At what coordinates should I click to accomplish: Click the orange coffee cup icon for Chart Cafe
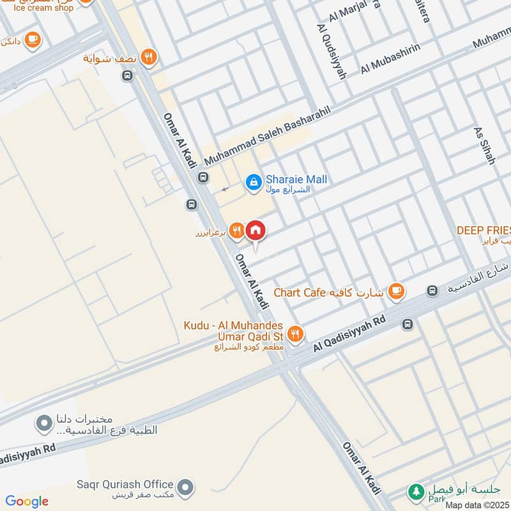pos(397,291)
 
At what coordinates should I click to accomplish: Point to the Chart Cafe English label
pos(300,293)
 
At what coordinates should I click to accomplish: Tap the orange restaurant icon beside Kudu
pos(294,332)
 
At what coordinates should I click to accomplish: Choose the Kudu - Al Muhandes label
pos(233,326)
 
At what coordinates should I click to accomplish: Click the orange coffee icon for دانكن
pos(33,41)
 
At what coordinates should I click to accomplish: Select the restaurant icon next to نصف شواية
pos(149,57)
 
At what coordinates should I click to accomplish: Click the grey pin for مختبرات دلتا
pos(44,423)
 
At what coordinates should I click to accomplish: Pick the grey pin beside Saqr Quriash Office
pos(185,488)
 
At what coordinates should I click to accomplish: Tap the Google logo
pos(27,501)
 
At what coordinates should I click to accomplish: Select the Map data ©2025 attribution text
pos(477,505)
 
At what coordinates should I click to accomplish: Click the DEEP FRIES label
pos(484,229)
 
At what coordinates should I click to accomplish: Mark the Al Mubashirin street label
pos(391,60)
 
